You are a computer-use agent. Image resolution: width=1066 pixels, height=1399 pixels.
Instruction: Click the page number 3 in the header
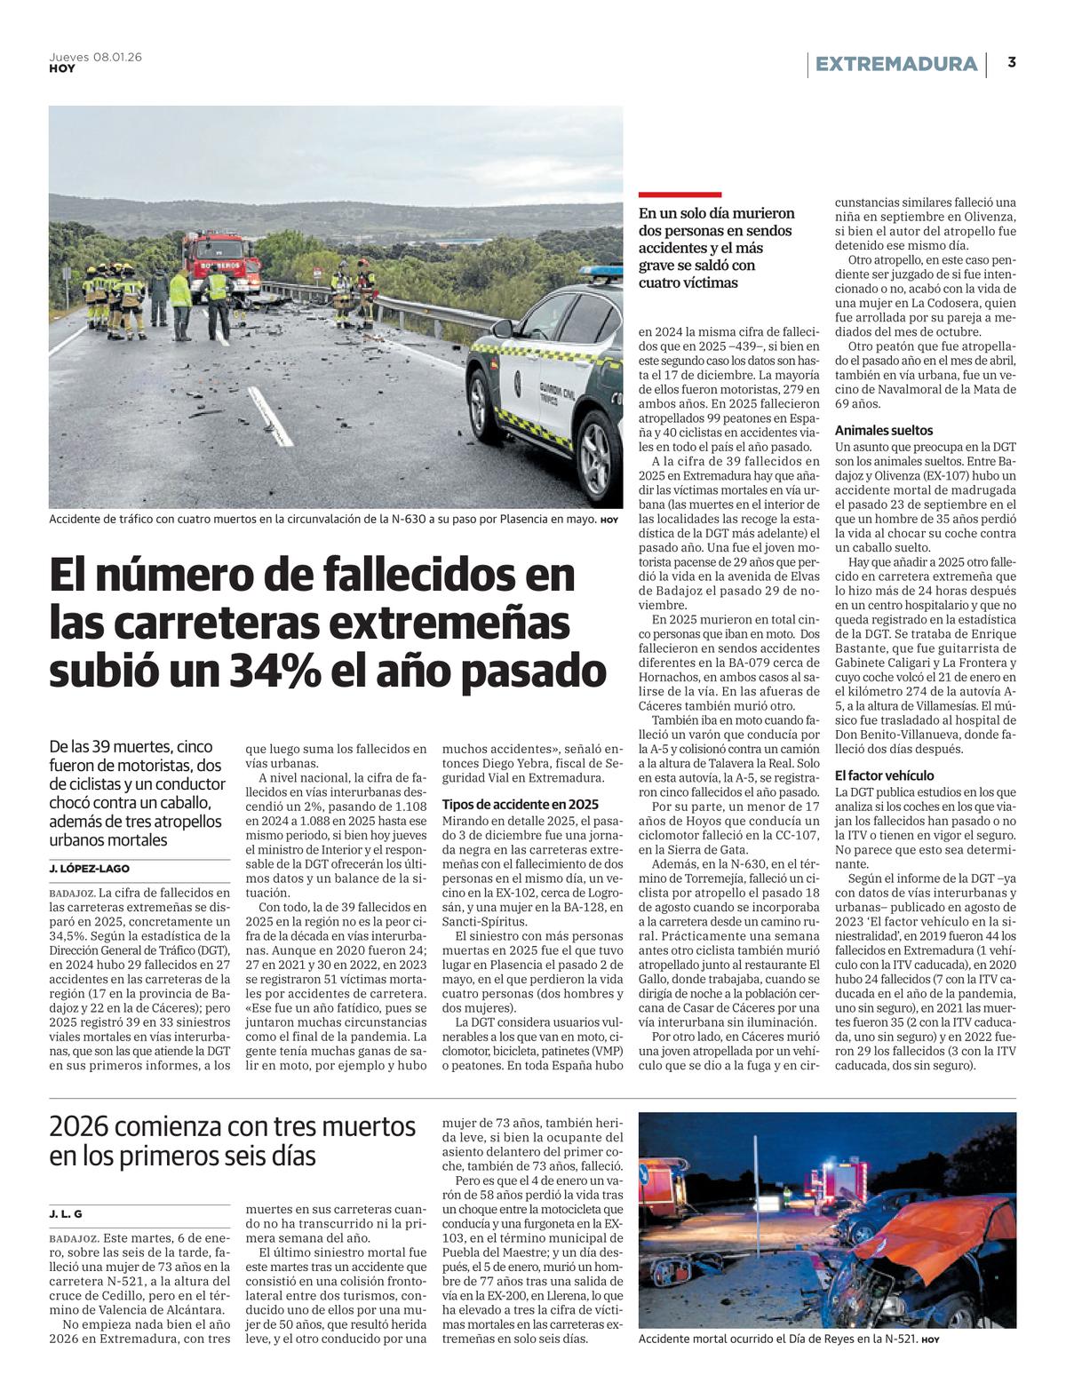[1012, 63]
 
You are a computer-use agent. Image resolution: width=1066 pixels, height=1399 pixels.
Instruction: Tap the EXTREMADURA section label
[895, 64]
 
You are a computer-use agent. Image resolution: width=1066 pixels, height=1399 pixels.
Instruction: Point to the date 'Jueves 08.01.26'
[95, 57]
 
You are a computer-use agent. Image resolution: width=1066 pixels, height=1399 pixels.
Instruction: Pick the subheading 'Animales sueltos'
[884, 430]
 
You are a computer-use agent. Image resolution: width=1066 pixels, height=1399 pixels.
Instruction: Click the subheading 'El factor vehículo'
[884, 775]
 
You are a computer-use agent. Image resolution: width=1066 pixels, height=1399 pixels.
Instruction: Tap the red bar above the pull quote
[680, 195]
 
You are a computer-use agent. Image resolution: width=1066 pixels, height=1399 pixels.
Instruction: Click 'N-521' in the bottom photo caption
[896, 1338]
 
